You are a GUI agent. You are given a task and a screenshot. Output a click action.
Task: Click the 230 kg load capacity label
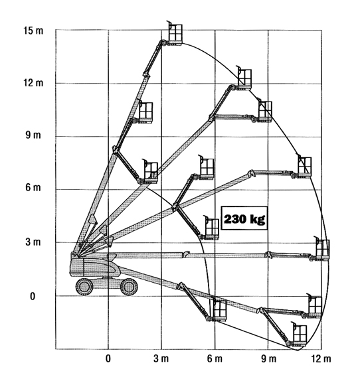click(244, 218)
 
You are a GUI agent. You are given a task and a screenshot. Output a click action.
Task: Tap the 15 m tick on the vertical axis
click(33, 31)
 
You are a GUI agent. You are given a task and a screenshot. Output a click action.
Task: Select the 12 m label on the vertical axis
click(33, 83)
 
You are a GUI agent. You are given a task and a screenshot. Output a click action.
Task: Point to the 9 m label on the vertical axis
click(33, 135)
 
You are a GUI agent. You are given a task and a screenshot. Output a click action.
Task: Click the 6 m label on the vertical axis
click(33, 188)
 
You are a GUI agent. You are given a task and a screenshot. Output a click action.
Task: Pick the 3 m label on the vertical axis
click(33, 242)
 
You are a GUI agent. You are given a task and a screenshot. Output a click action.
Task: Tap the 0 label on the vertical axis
click(33, 296)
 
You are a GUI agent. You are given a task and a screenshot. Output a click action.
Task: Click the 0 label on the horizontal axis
click(108, 358)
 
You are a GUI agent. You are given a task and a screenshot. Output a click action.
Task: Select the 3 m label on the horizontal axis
click(161, 358)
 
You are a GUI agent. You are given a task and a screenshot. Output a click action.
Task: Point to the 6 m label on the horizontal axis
click(215, 358)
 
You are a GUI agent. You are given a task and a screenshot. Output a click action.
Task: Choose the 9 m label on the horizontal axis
click(268, 358)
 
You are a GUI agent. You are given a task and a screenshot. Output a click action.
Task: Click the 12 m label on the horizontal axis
click(321, 358)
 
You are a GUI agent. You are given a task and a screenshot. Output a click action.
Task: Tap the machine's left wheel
click(84, 287)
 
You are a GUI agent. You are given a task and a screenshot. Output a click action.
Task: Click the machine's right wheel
click(129, 287)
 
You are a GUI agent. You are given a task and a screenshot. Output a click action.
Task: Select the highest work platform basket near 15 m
click(175, 34)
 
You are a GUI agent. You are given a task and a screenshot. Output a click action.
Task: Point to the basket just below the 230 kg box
click(212, 228)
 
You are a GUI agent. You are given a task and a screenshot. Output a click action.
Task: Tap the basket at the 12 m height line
click(244, 78)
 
